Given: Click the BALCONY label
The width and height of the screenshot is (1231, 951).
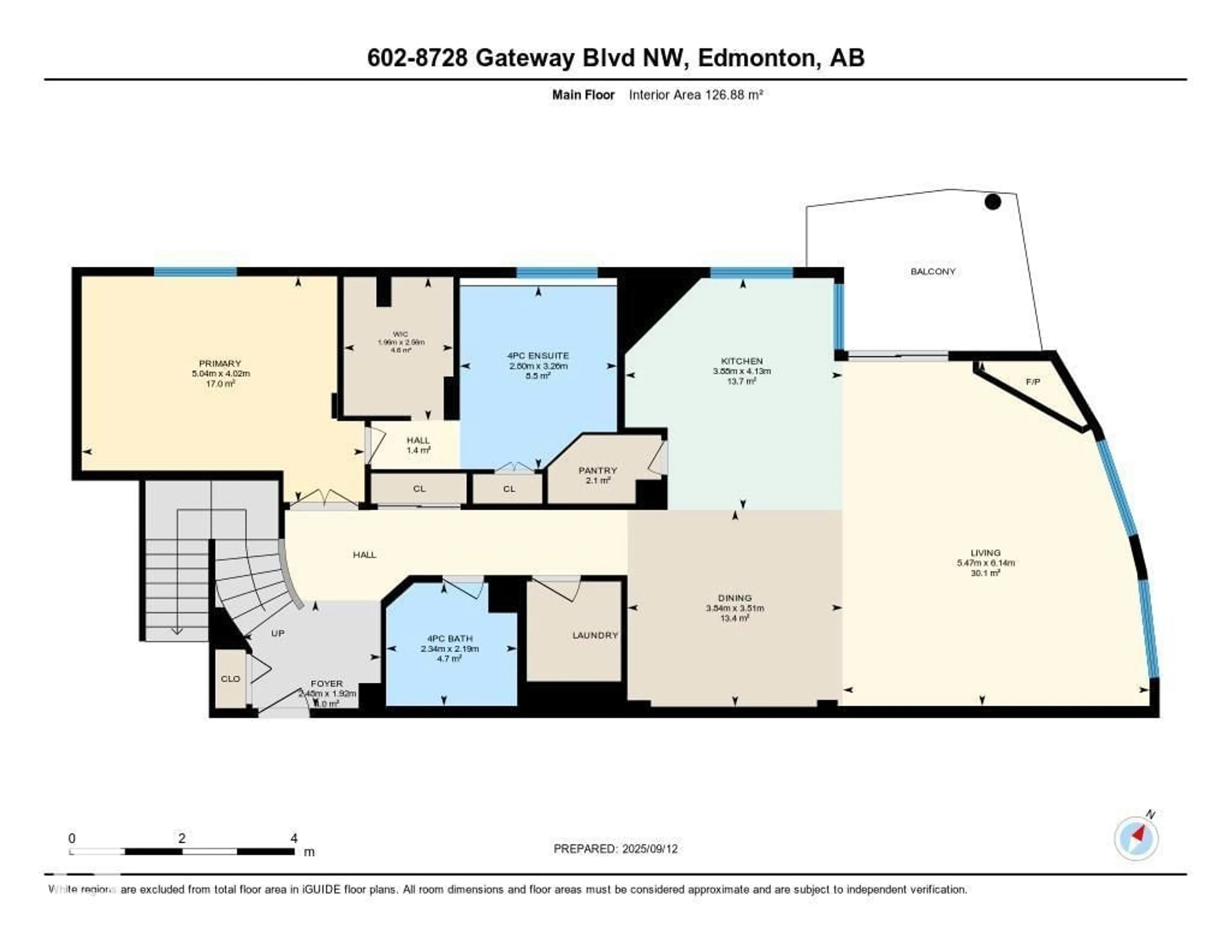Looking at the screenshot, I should coord(933,272).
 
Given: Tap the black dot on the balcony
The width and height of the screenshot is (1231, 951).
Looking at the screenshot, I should coord(992,202).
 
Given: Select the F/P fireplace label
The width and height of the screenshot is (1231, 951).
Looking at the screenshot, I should coord(1033,382).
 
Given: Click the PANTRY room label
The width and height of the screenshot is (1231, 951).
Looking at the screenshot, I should coord(598,470).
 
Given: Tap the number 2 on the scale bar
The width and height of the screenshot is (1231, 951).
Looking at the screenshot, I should coord(181,838).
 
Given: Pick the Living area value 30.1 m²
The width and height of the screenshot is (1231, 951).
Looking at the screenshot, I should coord(985,573).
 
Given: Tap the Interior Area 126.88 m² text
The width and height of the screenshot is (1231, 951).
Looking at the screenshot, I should coord(696,95).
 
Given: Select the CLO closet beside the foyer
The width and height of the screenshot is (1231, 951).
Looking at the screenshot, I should coord(230,679).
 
